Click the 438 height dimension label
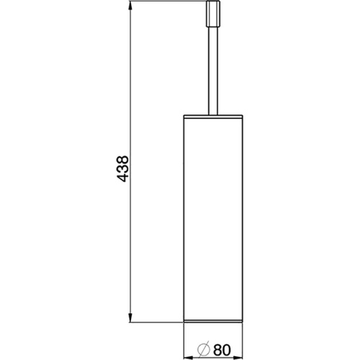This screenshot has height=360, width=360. [x=122, y=168]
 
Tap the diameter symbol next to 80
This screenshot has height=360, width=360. [x=204, y=351]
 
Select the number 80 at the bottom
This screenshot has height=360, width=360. [x=222, y=351]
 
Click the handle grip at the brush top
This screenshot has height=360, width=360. [x=213, y=14]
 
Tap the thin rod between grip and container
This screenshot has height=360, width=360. [x=213, y=71]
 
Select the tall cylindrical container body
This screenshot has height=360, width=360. [x=213, y=219]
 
